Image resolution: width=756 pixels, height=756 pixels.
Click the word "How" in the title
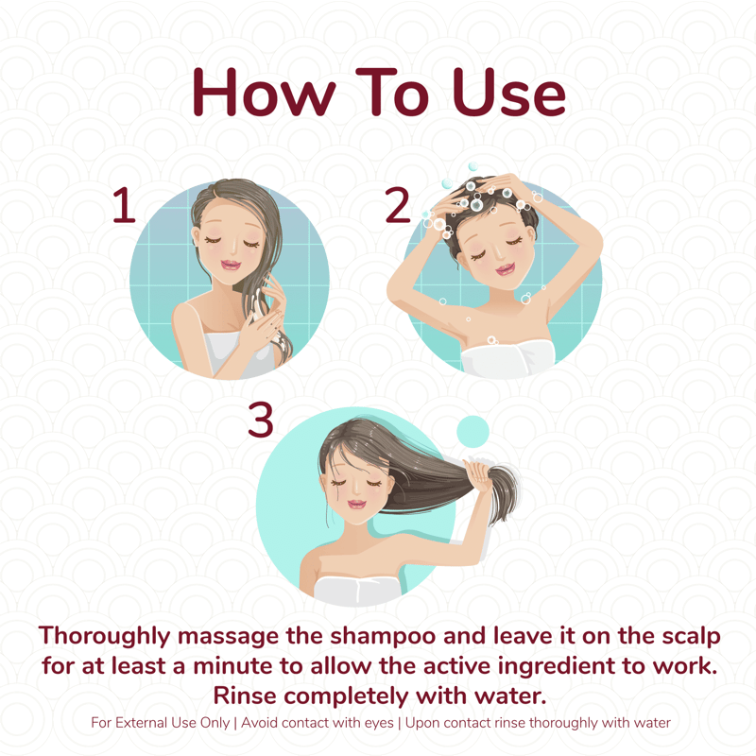265,92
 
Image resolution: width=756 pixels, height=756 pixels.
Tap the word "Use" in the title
509,92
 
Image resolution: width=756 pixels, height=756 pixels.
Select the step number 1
124,205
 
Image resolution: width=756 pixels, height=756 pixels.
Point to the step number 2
397,205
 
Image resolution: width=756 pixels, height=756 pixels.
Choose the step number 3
261,420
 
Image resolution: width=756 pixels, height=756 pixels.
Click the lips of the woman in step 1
231,265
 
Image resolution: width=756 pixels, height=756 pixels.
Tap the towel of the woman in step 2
508,358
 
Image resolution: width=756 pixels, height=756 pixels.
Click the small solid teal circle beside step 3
472,432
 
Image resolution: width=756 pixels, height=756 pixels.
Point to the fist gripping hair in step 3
479,474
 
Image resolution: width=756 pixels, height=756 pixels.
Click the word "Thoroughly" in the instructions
104,636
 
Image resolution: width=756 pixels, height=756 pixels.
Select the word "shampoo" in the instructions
384,636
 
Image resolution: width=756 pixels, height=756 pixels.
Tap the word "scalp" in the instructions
691,636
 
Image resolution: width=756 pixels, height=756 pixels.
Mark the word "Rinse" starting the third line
245,696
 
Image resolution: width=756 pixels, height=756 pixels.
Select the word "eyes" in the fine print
380,724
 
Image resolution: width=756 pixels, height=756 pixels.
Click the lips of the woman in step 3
356,504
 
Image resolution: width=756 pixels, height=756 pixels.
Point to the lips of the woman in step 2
506,269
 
